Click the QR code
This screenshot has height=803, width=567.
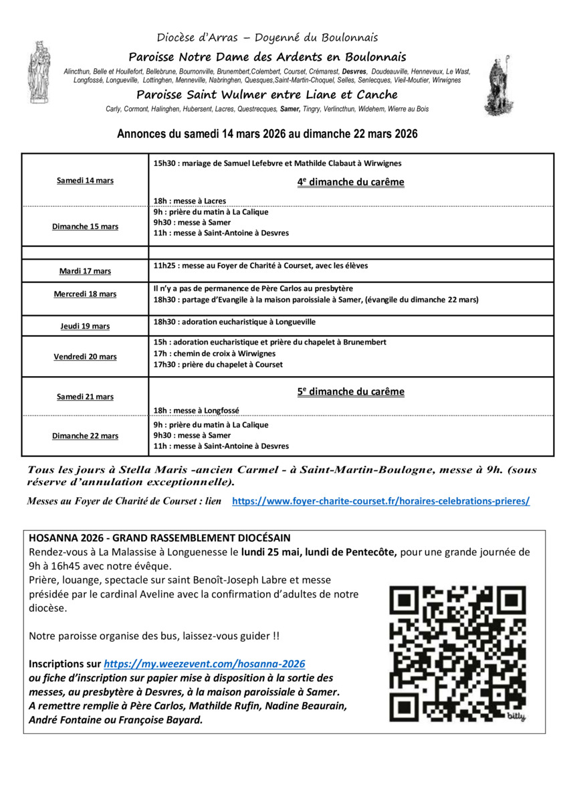(458, 653)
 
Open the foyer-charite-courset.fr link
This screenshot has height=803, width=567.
(380, 501)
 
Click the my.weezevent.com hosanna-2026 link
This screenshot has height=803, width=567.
(205, 664)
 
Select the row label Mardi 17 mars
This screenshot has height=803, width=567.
(85, 271)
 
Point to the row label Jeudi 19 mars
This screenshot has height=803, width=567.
(85, 326)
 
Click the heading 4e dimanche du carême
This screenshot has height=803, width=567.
(351, 182)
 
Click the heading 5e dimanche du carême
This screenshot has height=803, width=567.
(351, 392)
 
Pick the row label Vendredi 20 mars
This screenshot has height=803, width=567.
(85, 357)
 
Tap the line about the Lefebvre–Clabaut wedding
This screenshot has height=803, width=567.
(277, 163)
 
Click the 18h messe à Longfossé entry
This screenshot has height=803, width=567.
(196, 410)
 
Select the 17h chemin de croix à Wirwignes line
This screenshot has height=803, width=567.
(214, 353)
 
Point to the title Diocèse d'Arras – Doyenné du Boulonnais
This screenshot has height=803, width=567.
(267, 37)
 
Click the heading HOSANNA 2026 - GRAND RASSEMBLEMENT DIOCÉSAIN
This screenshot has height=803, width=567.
(160, 538)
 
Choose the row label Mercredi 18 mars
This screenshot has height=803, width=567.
(85, 294)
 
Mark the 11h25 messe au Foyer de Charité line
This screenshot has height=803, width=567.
(260, 266)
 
